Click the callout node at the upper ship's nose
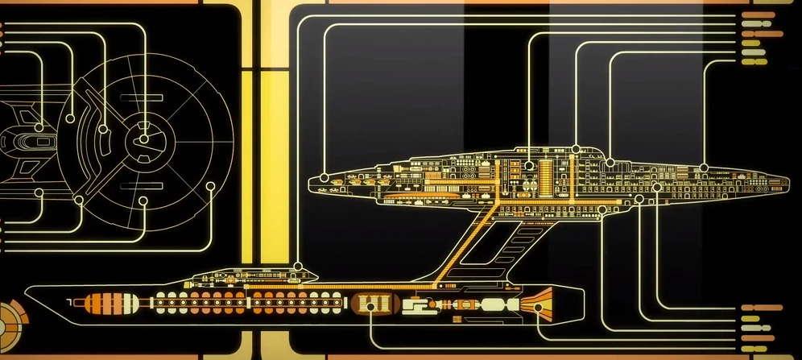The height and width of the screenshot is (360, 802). click(x=324, y=175)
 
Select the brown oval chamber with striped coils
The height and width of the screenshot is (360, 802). click(x=372, y=305)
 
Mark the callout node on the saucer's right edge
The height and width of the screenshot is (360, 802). click(x=211, y=186)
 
